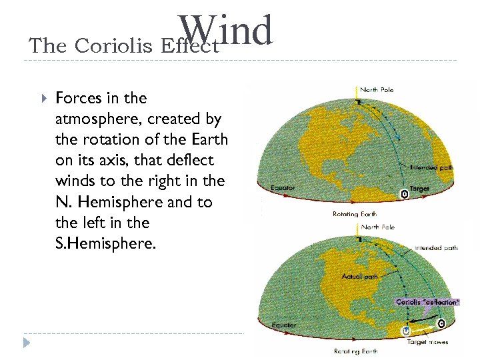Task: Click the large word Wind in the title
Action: pyautogui.click(x=227, y=31)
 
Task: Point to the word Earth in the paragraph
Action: pyautogui.click(x=211, y=139)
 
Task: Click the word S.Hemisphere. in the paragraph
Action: pyautogui.click(x=106, y=243)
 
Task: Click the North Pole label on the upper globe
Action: pyautogui.click(x=378, y=89)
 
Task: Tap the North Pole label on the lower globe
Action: pyautogui.click(x=378, y=227)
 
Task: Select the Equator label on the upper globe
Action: pyautogui.click(x=283, y=188)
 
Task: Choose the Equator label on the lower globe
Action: pyautogui.click(x=284, y=325)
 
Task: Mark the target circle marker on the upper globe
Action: pyautogui.click(x=403, y=193)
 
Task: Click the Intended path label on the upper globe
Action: pyautogui.click(x=431, y=167)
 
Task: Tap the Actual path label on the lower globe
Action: pyautogui.click(x=361, y=276)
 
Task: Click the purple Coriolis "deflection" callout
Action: pyautogui.click(x=427, y=302)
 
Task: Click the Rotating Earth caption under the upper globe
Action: pyautogui.click(x=355, y=214)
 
